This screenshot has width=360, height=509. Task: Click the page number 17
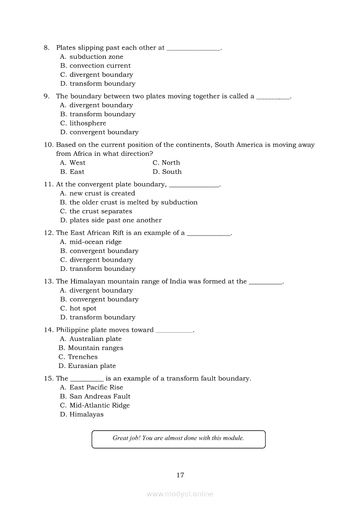pyautogui.click(x=180, y=475)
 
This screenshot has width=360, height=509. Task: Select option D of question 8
pyautogui.click(x=98, y=84)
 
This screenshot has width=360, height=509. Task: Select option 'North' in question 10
pyautogui.click(x=166, y=163)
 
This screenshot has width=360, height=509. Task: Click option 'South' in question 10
pyautogui.click(x=167, y=172)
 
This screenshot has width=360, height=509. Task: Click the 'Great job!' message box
pyautogui.click(x=178, y=439)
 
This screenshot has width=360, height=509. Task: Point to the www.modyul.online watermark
pyautogui.click(x=180, y=494)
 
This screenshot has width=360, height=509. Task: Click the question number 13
pyautogui.click(x=48, y=282)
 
